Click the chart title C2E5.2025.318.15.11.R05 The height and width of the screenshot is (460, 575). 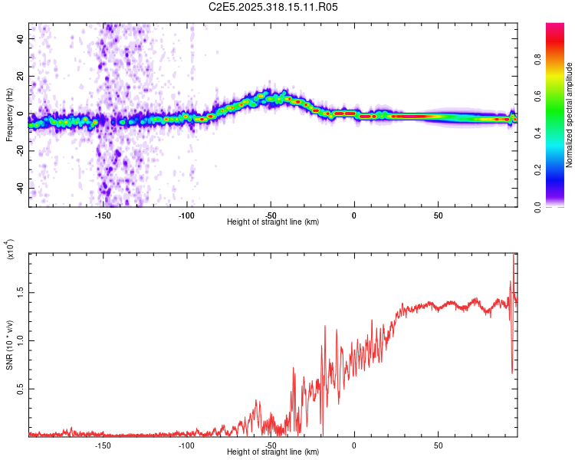pos(274,7)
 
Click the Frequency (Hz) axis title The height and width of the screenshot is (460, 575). pos(10,114)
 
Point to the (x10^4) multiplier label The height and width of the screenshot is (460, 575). pos(10,249)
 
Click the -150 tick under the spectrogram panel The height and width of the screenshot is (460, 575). pos(103,215)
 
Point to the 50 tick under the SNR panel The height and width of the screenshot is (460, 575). pos(438,445)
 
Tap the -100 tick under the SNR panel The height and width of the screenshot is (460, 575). pos(186,445)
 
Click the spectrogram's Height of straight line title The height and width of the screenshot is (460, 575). pos(273,222)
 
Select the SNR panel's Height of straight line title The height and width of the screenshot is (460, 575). pos(273,452)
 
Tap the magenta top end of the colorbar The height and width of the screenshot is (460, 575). pos(555,28)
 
